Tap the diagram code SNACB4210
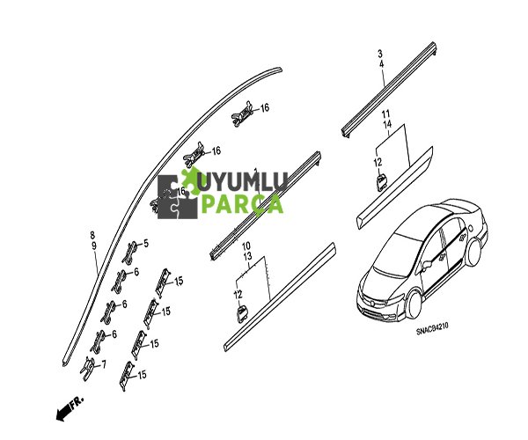coord(432,329)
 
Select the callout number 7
coord(104,364)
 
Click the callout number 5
coord(146,243)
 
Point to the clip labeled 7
coord(88,369)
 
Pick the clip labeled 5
coord(131,252)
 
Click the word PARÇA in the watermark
coord(243,204)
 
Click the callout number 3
coord(380,54)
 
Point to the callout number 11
coord(386,114)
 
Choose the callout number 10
coord(246,246)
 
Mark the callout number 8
coord(92,235)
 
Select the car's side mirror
coord(427,264)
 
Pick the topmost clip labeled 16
coord(242,114)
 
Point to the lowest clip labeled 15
coord(127,376)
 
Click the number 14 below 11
coord(387,124)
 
